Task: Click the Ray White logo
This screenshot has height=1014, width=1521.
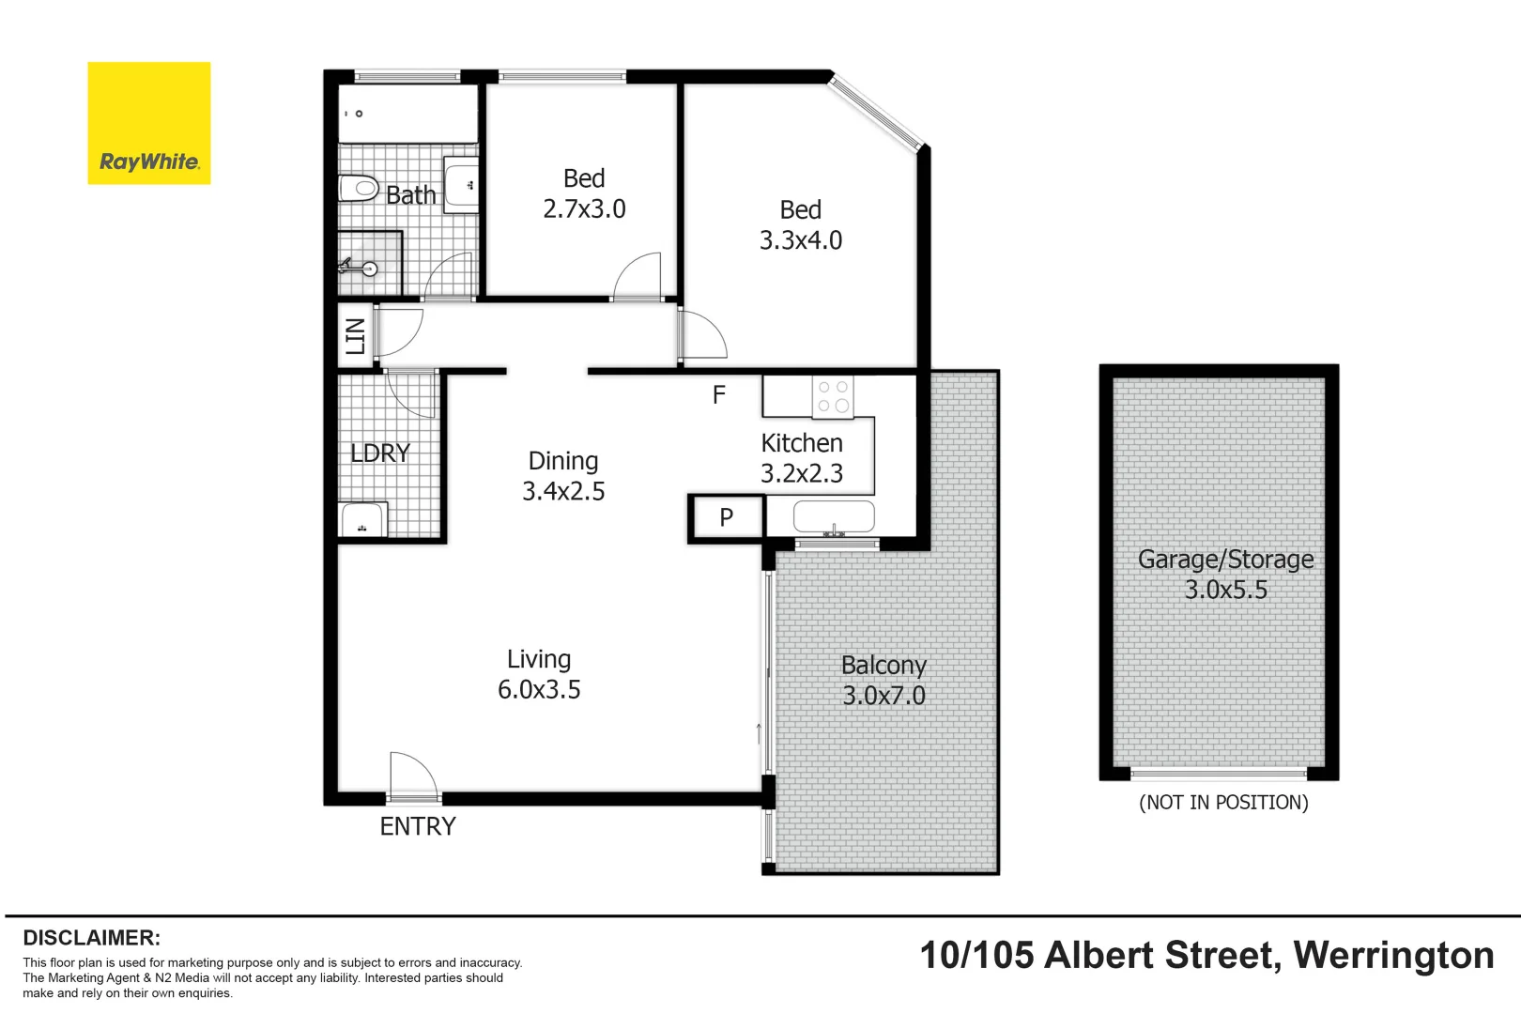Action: [148, 123]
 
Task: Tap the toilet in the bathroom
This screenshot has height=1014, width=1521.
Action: [358, 189]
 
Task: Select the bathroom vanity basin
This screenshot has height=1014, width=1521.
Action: [461, 186]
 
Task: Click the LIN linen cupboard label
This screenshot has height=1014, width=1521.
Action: [355, 335]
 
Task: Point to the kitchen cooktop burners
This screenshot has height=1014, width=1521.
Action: [833, 396]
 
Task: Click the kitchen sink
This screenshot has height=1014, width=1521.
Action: [834, 516]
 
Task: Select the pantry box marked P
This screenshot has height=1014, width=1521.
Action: [726, 517]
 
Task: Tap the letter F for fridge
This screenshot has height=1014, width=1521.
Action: [719, 395]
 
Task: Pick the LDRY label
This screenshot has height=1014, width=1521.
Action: [380, 453]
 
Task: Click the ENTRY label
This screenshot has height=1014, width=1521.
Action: [418, 826]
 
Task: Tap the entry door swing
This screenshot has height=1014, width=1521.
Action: [413, 775]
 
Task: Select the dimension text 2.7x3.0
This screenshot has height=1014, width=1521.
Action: [584, 209]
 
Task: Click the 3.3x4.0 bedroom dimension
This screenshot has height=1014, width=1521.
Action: [801, 240]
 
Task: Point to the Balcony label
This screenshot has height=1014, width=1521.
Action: [883, 665]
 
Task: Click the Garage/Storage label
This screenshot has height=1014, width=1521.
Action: [1225, 560]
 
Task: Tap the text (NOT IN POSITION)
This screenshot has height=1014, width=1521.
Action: [1223, 803]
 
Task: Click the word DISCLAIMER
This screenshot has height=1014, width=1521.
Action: [91, 938]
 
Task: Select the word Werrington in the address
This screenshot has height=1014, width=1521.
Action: [1393, 956]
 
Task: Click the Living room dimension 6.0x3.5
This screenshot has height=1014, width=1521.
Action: [539, 690]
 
